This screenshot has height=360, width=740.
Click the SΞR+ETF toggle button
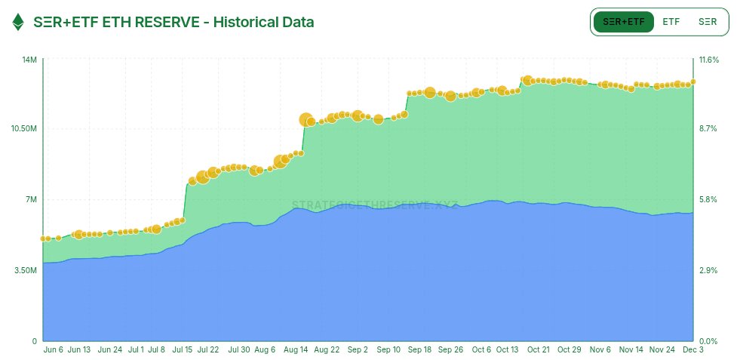pos(624,22)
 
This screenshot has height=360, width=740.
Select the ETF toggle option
pos(671,22)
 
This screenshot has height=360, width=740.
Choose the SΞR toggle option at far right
pos(708,22)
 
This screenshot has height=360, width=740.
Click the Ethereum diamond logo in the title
pos(18,22)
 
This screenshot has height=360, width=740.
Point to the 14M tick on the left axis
pos(29,60)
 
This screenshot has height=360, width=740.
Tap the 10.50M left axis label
pos(24,129)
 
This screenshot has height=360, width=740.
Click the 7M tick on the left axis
pos(31,199)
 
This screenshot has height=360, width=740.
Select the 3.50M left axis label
pos(25,270)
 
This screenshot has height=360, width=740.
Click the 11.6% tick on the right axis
pos(709,60)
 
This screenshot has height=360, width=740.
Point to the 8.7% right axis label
pos(709,129)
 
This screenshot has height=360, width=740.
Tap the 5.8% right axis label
pos(709,199)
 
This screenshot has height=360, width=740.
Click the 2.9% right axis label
pos(709,270)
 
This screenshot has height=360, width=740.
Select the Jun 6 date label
pos(54,350)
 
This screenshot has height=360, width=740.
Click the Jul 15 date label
pos(183,350)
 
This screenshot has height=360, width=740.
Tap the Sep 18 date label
pos(419,350)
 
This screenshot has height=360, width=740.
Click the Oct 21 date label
pos(539,350)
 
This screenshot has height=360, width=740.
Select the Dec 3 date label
pos(692,350)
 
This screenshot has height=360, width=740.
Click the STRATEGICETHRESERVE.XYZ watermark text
pos(375,205)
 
